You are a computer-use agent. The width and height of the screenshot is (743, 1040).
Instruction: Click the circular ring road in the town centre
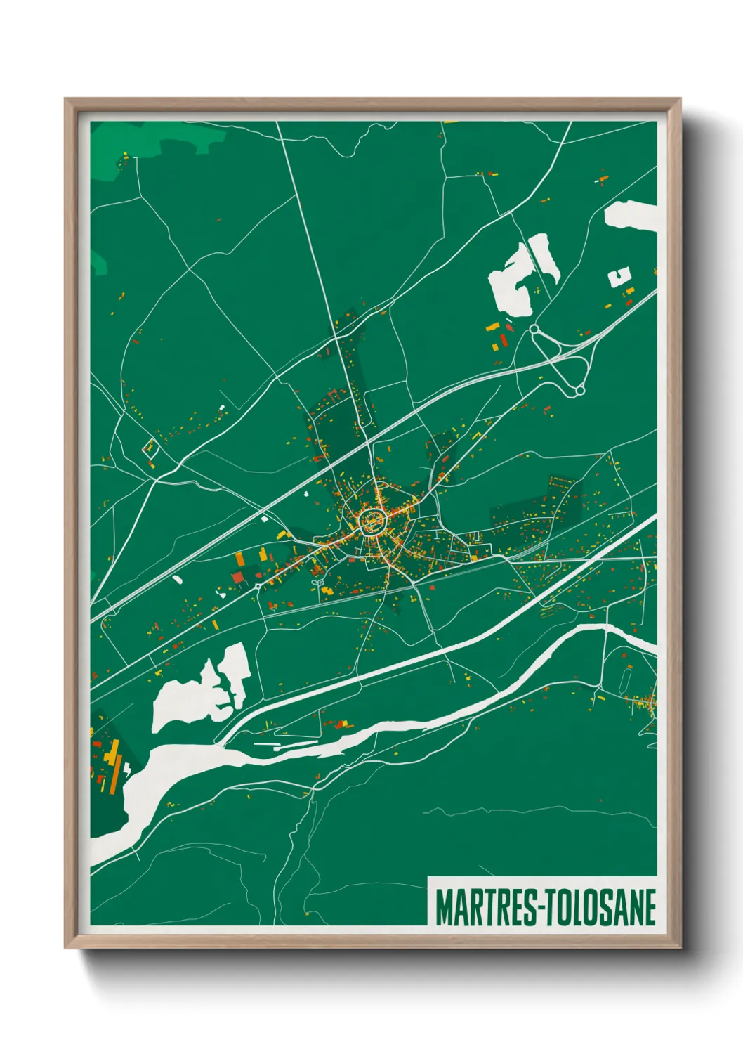[372, 521]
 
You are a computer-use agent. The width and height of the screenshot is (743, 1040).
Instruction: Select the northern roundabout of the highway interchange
[534, 329]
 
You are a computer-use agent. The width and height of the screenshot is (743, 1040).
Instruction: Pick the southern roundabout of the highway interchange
[580, 390]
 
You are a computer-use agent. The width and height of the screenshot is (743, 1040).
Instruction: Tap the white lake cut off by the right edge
[632, 216]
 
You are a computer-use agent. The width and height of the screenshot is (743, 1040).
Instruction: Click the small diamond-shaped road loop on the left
[150, 448]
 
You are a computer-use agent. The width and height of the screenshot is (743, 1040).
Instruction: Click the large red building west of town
[239, 578]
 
